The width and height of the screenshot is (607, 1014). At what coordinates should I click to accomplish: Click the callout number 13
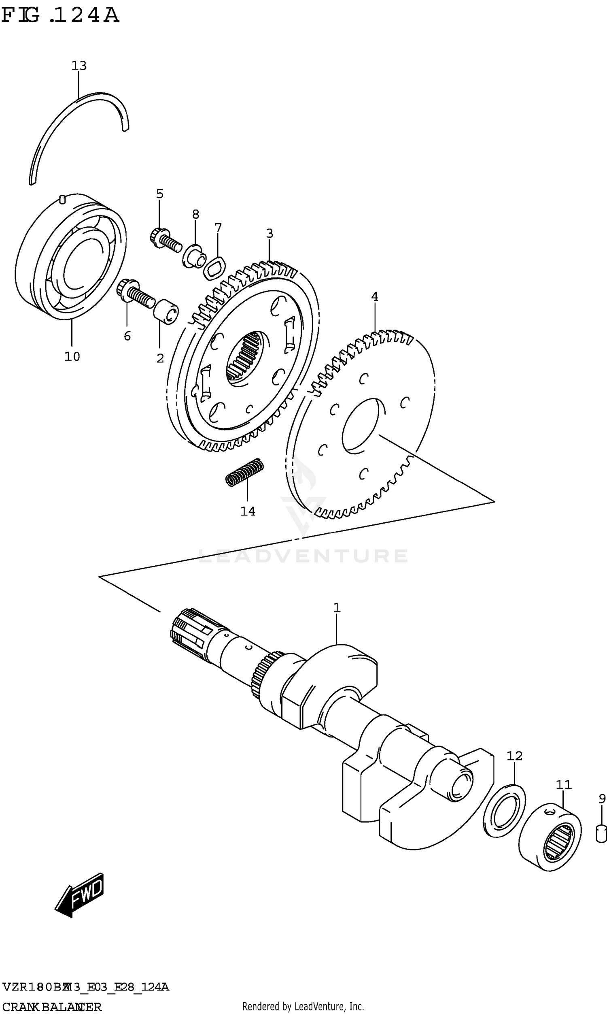pyautogui.click(x=79, y=66)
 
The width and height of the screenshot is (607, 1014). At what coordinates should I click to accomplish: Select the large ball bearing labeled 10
pyautogui.click(x=70, y=257)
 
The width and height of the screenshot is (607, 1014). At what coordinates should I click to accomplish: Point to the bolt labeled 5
pyautogui.click(x=165, y=240)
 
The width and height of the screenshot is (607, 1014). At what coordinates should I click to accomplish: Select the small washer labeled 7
pyautogui.click(x=215, y=269)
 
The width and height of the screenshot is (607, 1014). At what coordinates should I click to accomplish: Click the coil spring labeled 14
pyautogui.click(x=245, y=472)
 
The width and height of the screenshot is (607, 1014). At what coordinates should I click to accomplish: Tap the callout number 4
pyautogui.click(x=374, y=296)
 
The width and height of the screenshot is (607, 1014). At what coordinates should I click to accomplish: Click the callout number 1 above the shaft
pyautogui.click(x=337, y=608)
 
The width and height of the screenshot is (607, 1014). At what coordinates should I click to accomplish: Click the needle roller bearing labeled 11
pyautogui.click(x=550, y=837)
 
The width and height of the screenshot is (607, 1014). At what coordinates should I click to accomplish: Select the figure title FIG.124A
pyautogui.click(x=60, y=15)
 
